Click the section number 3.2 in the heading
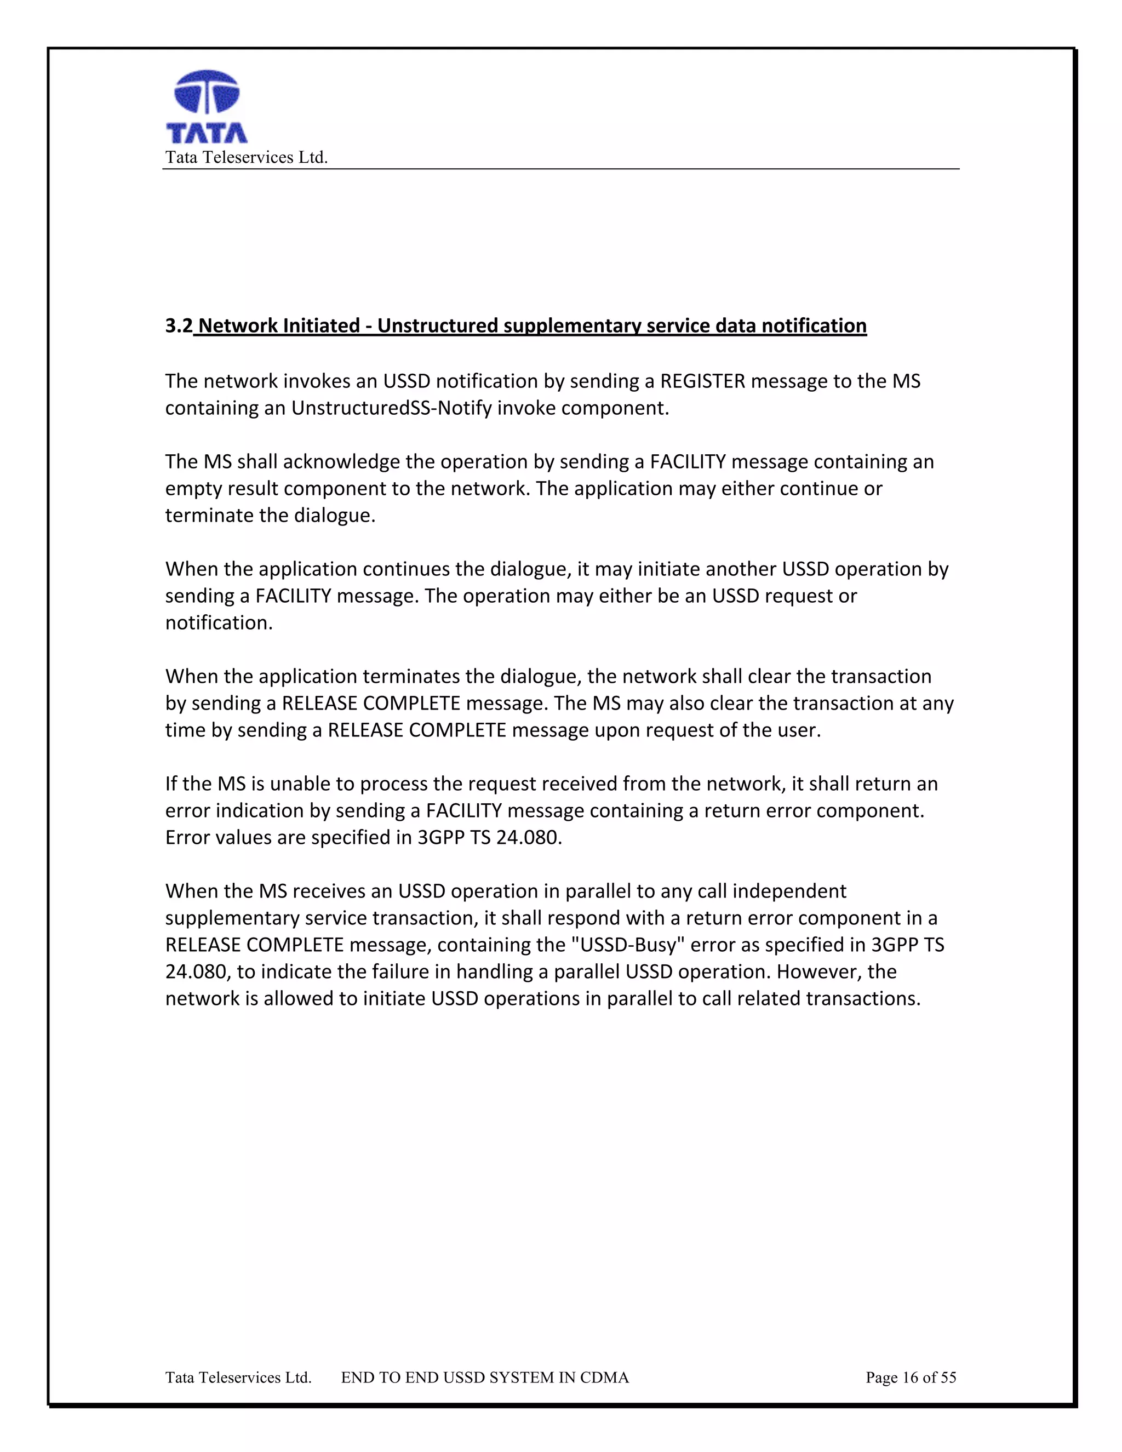[x=178, y=326]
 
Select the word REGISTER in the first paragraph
[x=702, y=381]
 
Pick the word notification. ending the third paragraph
[x=219, y=623]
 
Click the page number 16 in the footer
[x=909, y=1378]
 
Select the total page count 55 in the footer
[x=948, y=1378]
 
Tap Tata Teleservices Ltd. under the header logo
[x=246, y=158]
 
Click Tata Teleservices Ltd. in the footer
[x=238, y=1378]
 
